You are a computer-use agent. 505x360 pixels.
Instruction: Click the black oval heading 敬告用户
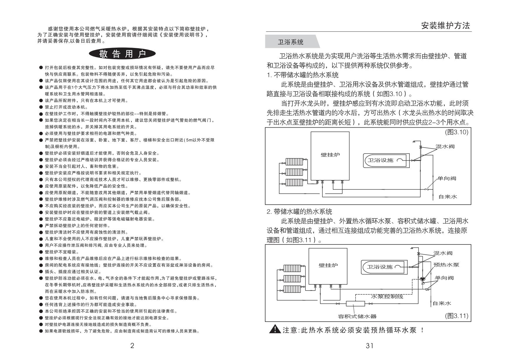(x=122, y=54)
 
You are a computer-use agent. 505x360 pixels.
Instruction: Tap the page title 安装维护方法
(x=446, y=26)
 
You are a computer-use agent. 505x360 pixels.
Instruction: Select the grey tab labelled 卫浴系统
(x=292, y=42)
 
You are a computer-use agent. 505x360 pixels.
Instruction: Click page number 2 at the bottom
(x=132, y=346)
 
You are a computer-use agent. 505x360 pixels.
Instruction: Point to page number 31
(x=369, y=346)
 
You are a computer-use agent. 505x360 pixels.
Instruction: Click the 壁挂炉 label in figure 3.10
(x=330, y=155)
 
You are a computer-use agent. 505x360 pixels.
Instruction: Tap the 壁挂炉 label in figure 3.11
(x=328, y=265)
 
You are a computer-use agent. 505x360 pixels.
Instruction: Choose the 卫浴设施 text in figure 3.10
(x=381, y=160)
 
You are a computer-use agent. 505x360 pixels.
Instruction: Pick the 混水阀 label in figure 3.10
(x=445, y=146)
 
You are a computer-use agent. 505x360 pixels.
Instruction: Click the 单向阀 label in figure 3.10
(x=446, y=179)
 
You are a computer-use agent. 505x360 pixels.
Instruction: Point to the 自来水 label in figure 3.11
(x=442, y=303)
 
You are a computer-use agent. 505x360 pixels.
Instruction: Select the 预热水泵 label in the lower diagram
(x=446, y=265)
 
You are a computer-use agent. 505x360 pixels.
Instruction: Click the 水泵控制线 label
(x=387, y=296)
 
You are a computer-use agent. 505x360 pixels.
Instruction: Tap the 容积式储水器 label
(x=357, y=316)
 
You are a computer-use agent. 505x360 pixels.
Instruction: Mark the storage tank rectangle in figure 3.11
(x=355, y=304)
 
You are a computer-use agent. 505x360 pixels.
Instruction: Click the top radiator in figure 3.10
(x=294, y=162)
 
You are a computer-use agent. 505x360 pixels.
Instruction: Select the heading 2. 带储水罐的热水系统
(x=299, y=211)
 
